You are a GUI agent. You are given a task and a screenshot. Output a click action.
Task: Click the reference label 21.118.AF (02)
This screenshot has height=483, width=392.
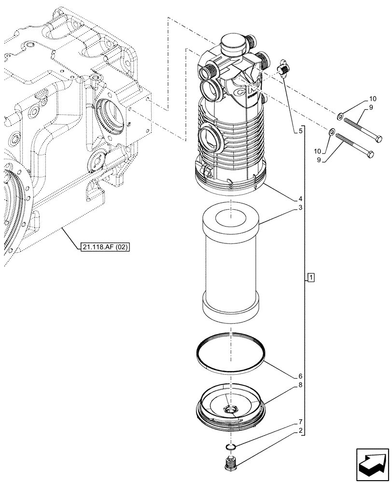(106, 247)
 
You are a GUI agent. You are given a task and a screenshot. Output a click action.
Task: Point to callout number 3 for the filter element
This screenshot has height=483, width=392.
(300, 208)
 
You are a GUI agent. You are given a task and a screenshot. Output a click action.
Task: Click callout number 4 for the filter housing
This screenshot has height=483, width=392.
(300, 199)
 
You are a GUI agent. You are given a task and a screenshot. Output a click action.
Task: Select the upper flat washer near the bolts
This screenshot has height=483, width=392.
(340, 115)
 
